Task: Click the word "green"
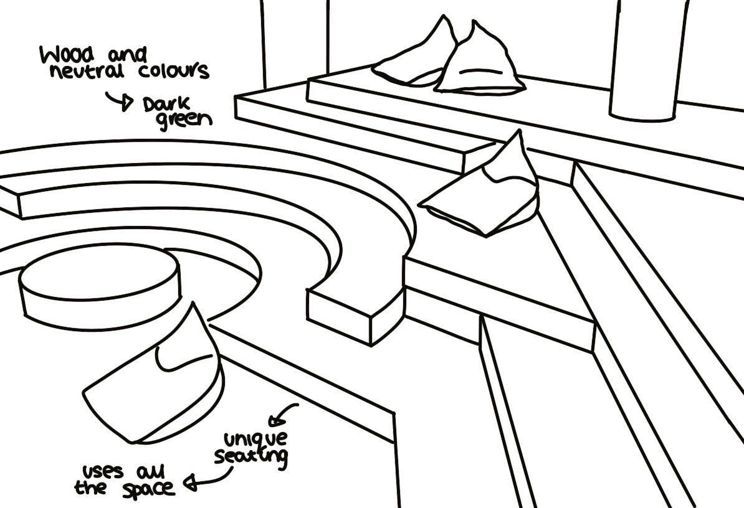(x=183, y=119)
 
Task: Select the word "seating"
(x=251, y=456)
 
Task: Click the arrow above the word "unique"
(x=283, y=414)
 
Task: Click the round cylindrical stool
(x=100, y=289)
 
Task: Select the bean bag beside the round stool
(x=156, y=380)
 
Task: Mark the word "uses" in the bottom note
(x=102, y=471)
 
